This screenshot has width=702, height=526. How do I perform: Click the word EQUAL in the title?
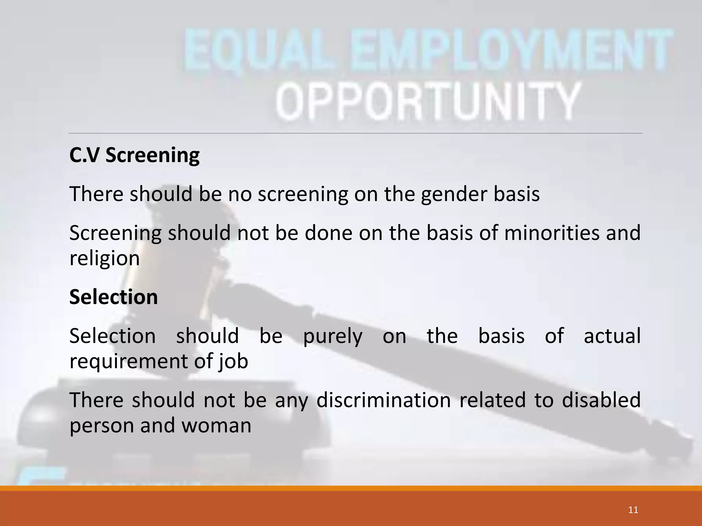click(259, 50)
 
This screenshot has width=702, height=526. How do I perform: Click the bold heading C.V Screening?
click(134, 155)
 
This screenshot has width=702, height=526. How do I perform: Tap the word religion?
click(105, 259)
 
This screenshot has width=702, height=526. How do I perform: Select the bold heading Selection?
click(113, 297)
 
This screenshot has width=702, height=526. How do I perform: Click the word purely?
click(332, 336)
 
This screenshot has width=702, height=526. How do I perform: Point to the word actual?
click(612, 336)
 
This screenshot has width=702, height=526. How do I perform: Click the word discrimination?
click(383, 400)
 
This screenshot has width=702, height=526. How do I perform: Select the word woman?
click(216, 426)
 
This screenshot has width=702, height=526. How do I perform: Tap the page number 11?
click(633, 510)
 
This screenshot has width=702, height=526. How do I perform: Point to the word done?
click(329, 233)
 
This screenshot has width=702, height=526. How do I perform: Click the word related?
click(492, 400)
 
